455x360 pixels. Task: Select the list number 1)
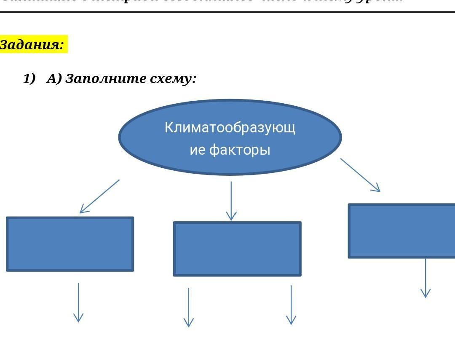click(29, 78)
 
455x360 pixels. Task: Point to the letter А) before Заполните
click(54, 78)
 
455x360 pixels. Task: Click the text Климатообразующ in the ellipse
click(230, 127)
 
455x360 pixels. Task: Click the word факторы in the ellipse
click(240, 150)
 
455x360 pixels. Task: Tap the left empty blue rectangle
click(70, 244)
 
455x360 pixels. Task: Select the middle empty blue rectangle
click(237, 249)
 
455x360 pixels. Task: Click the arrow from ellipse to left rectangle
click(100, 196)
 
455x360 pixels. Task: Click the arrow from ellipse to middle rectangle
click(231, 201)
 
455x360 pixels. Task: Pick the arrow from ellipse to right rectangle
click(360, 175)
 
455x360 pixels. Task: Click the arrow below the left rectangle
click(78, 302)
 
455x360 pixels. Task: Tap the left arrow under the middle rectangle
click(189, 307)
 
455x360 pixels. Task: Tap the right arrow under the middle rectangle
click(291, 305)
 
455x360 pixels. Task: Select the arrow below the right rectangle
click(426, 278)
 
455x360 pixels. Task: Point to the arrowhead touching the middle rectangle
click(231, 216)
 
